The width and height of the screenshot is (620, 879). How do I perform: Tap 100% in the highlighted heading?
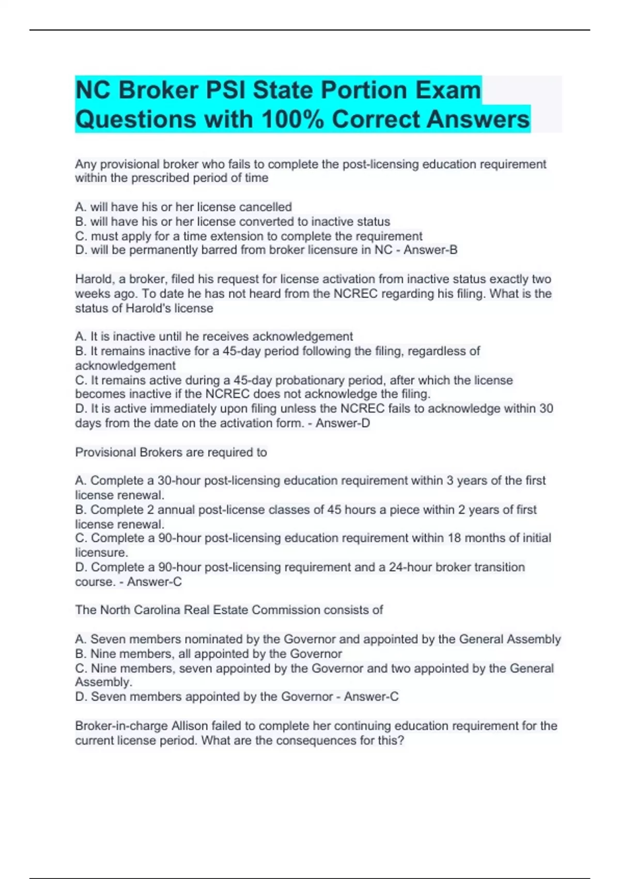(293, 119)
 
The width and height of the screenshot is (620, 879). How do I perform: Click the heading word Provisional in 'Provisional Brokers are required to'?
(106, 452)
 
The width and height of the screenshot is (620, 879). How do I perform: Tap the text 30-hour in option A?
(179, 480)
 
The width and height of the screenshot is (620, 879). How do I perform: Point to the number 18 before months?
(454, 538)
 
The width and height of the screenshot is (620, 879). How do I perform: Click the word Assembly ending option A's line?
(533, 639)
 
